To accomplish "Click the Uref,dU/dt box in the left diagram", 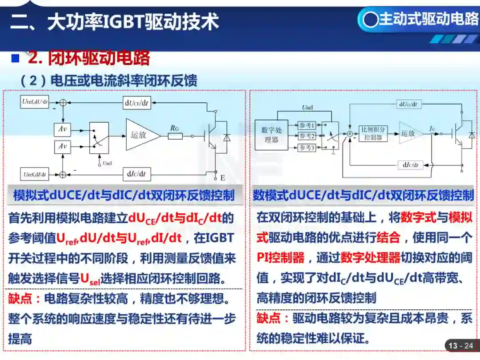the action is click(35, 101).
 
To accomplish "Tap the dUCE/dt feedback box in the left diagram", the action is click(137, 103).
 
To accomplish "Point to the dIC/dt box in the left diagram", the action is click(136, 174).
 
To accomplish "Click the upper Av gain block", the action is click(63, 130).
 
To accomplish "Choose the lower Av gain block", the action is click(63, 146).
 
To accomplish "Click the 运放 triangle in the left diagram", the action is click(141, 134).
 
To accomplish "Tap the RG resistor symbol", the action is click(175, 136).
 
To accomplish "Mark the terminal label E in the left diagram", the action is click(222, 178).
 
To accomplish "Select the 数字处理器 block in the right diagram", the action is click(271, 135).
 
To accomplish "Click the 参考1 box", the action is click(307, 125).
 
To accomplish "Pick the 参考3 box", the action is click(307, 148).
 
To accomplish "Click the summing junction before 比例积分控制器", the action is click(350, 133).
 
